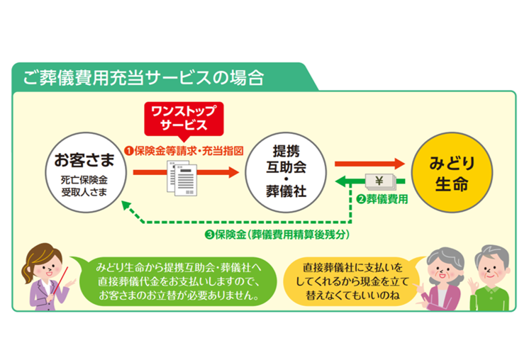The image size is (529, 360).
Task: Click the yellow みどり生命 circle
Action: [451, 171]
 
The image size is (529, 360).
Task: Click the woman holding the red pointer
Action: [45, 276]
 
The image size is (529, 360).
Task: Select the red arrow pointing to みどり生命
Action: [369, 164]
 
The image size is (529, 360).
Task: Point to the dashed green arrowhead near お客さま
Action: [128, 206]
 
